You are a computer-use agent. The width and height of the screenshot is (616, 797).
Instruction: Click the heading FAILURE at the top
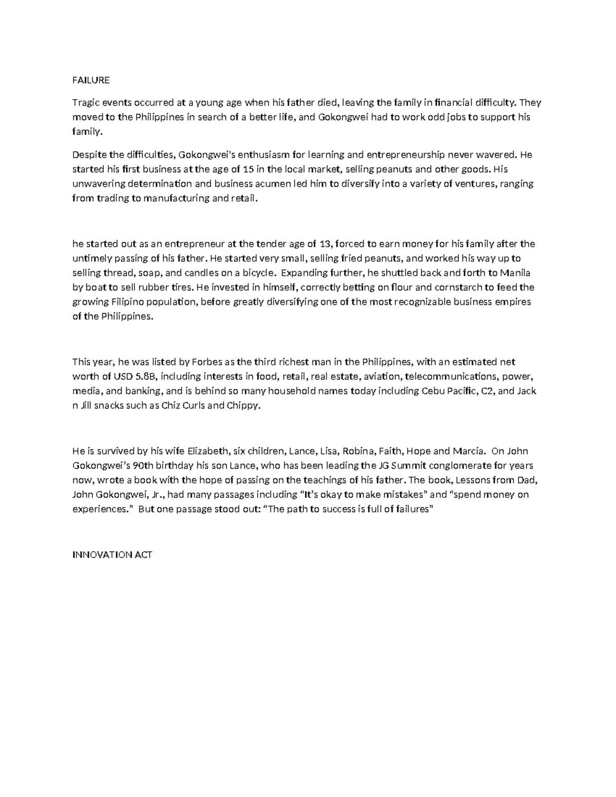click(91, 80)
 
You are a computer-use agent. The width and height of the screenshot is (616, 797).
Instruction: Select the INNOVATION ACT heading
click(112, 555)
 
